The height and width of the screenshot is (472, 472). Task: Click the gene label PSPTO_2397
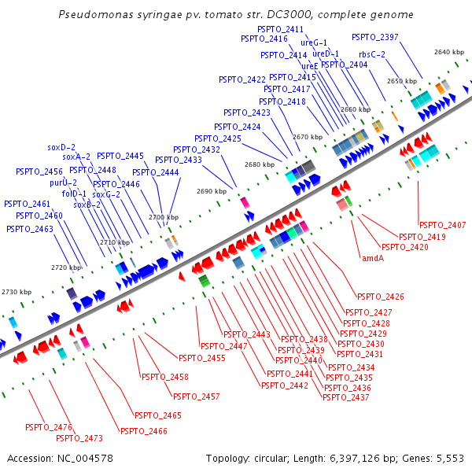pos(374,37)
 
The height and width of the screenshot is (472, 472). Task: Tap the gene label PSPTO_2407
pos(442,226)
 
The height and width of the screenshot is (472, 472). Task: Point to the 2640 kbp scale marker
pos(449,52)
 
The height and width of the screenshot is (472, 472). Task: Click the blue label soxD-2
pos(61,147)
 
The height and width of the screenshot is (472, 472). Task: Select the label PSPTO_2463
pos(30,229)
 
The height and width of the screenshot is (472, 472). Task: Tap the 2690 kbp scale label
pos(211,191)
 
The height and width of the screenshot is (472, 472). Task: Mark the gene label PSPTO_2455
pos(224,358)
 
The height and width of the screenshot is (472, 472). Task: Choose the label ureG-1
pos(314,42)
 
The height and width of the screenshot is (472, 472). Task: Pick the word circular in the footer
pos(273,458)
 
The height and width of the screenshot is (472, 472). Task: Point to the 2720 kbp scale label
pos(66,267)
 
